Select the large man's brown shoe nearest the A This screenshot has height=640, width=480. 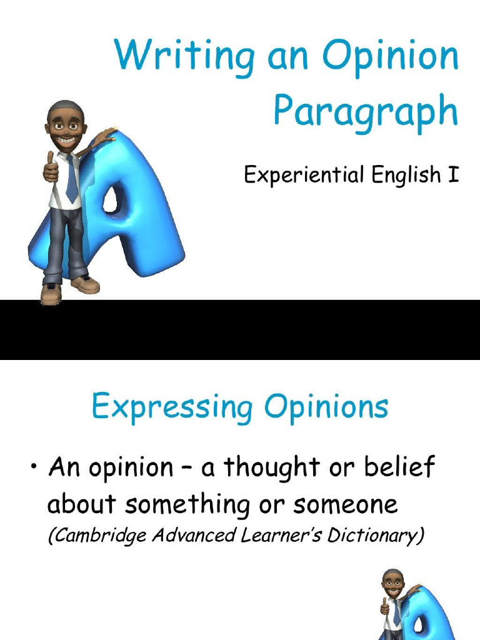[x=86, y=284]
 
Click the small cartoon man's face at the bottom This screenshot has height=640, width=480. [x=392, y=584]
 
